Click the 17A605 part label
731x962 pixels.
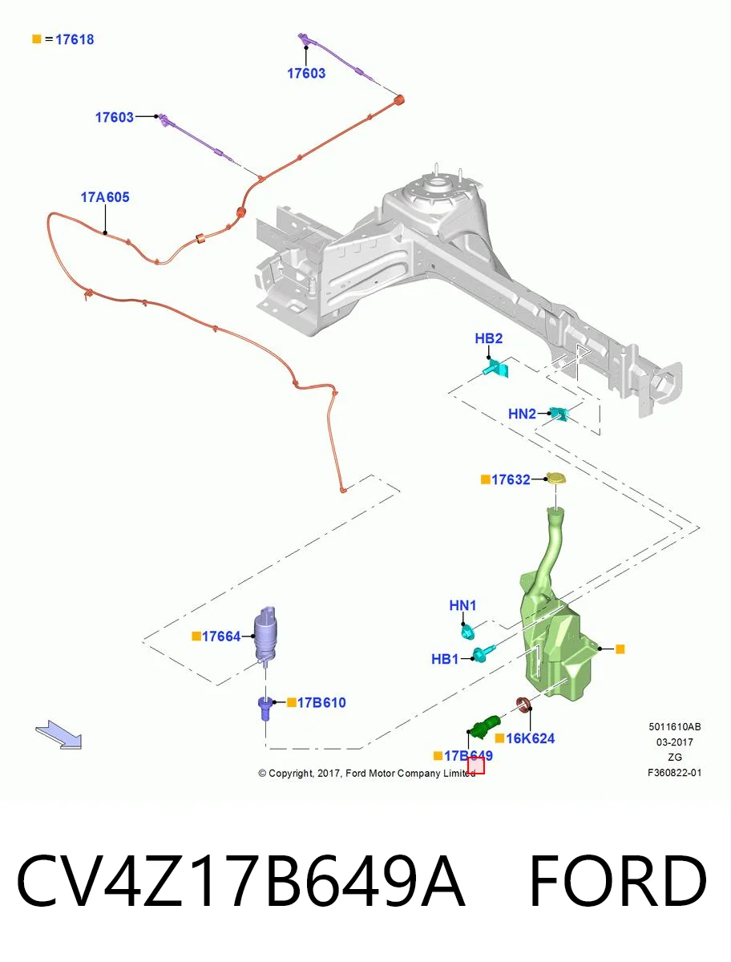(105, 197)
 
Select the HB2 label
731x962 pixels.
(488, 338)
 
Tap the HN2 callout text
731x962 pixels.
(522, 414)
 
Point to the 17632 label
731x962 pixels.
(511, 479)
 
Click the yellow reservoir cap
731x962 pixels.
(555, 478)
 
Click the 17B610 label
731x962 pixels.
(321, 702)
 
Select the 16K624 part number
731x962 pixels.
(530, 738)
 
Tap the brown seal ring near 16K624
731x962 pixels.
(524, 705)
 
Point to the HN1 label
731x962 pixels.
(462, 605)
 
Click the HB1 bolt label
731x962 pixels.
(445, 659)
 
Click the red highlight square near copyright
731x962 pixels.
(475, 766)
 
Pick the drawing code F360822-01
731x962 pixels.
(675, 773)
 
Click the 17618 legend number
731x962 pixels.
(75, 39)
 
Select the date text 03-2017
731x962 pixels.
(675, 742)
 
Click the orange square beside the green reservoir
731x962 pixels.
(620, 649)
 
